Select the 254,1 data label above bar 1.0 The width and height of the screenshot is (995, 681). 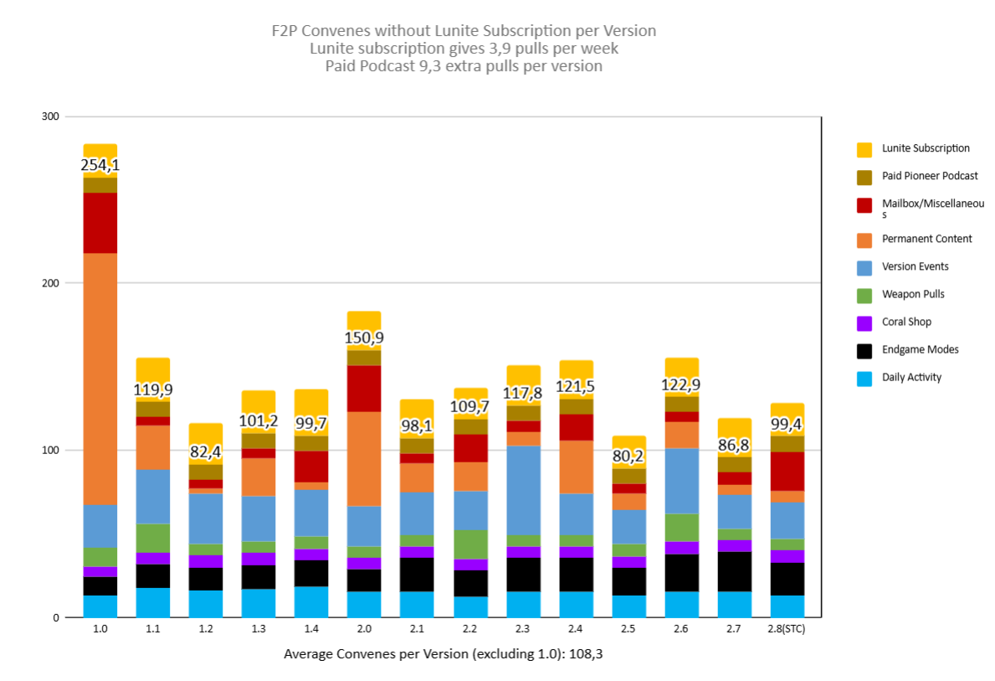click(100, 166)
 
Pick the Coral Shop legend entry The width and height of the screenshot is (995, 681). click(906, 322)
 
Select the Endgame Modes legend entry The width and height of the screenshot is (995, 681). click(920, 350)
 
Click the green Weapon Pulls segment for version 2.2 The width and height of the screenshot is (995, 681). click(470, 544)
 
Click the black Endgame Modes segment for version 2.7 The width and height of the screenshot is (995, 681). click(735, 571)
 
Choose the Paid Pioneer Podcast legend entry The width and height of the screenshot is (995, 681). click(928, 177)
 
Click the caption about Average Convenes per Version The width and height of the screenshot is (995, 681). click(443, 654)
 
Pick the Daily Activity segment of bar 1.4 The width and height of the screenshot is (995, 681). click(311, 601)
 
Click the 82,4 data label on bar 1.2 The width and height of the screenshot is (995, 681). click(205, 452)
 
